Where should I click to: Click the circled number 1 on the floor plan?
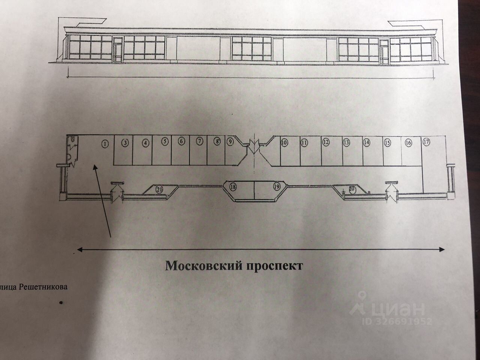pos(105,143)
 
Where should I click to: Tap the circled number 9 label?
pos(230,142)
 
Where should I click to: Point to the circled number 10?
pos(284,142)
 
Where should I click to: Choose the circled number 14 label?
pos(366,142)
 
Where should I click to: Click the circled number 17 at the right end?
pos(426,142)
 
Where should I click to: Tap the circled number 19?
pos(277,186)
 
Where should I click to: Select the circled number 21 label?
pos(159,189)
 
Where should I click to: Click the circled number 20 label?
pos(352,189)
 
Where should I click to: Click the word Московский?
pos(203,266)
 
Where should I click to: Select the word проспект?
pos(274,266)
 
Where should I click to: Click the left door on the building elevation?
pos(118,49)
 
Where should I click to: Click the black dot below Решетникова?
pos(60,301)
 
